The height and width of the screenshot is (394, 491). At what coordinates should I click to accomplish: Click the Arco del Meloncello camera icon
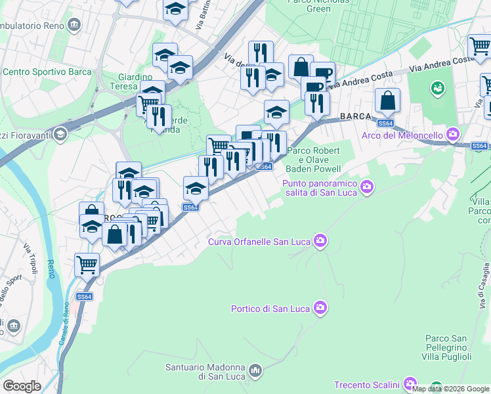tap(453, 135)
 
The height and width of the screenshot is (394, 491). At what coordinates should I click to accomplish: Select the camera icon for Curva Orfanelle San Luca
tap(320, 241)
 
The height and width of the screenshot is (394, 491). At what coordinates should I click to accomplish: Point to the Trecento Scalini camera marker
tap(410, 383)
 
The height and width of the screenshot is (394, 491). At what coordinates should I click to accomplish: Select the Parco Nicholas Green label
tap(319, 5)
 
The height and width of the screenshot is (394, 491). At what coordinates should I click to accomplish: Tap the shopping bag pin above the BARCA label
tap(388, 101)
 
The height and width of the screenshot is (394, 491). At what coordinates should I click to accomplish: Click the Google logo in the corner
tap(22, 385)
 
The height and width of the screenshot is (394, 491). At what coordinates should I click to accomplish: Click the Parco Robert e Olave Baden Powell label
tap(315, 160)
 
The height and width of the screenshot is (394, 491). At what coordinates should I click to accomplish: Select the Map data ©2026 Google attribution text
tap(451, 389)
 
